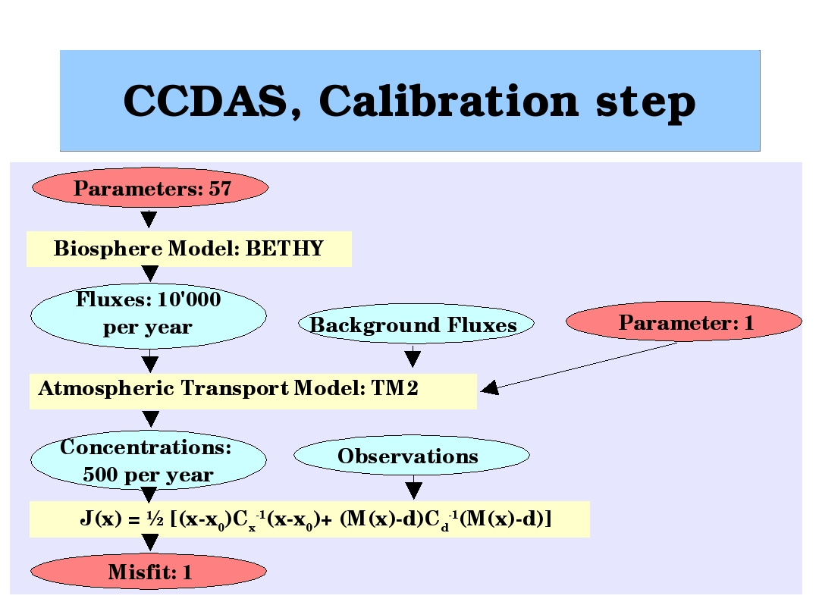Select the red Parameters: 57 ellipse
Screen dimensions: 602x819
point(149,188)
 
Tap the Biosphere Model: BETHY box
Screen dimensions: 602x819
point(189,249)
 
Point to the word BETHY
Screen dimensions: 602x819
point(284,249)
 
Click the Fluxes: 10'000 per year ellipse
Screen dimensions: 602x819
point(149,315)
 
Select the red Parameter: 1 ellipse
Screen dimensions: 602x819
point(684,323)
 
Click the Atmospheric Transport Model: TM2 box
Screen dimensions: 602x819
point(253,390)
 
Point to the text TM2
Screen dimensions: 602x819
point(395,389)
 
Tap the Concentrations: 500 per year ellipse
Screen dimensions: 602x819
point(149,461)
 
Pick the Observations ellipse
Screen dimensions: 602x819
point(411,456)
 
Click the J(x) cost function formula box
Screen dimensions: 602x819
point(309,519)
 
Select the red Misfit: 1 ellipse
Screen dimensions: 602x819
point(149,572)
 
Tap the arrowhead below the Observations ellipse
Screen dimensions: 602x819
point(413,489)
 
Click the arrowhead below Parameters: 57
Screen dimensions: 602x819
point(149,220)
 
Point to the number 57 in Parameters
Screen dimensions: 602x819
point(220,189)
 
